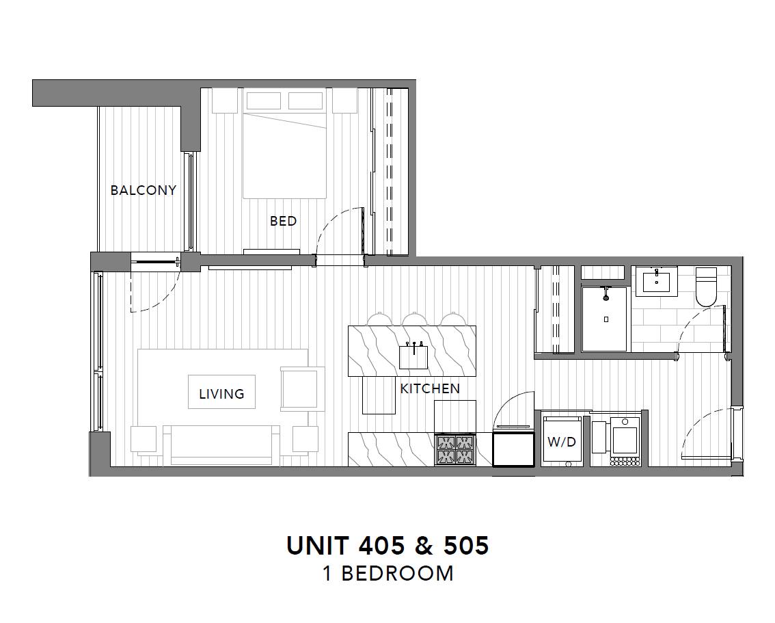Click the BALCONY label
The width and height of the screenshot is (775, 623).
144,190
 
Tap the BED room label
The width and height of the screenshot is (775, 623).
283,221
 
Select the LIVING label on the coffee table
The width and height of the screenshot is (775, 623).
221,394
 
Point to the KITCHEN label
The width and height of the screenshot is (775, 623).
430,388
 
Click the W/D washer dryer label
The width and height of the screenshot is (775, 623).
562,442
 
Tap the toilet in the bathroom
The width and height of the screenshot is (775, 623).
706,287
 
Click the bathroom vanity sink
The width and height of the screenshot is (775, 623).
656,281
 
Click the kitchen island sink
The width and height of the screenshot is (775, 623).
413,356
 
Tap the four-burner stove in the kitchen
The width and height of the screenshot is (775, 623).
455,449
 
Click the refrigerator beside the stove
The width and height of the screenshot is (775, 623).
513,449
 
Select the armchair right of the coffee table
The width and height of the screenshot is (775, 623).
302,388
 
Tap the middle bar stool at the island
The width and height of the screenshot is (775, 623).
414,319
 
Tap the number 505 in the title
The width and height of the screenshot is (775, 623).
466,546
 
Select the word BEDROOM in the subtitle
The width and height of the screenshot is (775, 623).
397,574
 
